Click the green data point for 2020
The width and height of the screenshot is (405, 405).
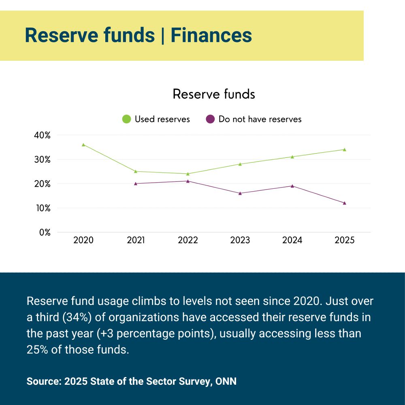tap(83, 145)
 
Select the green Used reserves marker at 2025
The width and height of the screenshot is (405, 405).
tap(345, 149)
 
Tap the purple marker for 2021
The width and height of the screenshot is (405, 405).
tap(136, 183)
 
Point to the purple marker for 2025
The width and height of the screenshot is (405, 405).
tap(345, 203)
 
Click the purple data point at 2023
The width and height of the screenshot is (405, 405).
tap(240, 193)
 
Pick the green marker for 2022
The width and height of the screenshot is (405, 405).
tap(188, 174)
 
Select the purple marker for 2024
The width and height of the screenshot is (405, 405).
tap(292, 186)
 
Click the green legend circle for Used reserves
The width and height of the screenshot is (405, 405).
tap(126, 119)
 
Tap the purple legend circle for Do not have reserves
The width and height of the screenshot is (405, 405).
tap(210, 119)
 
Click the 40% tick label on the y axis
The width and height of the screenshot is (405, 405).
tap(42, 135)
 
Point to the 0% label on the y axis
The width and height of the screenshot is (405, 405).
tap(45, 232)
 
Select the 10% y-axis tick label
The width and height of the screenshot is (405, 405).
tap(42, 208)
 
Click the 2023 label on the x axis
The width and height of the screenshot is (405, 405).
tap(240, 240)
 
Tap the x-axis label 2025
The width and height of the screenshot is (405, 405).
tap(345, 240)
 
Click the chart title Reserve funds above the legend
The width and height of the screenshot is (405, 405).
tap(214, 94)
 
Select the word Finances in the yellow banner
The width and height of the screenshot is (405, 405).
tap(211, 35)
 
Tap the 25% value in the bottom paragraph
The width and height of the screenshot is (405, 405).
tap(37, 350)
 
